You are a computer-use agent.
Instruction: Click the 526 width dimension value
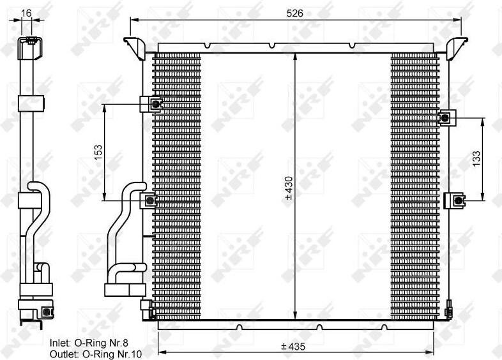point(294,13)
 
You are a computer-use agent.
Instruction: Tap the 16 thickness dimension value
point(26,13)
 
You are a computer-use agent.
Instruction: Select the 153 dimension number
point(98,153)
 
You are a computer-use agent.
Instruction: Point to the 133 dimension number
point(476,158)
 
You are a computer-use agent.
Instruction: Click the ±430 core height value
point(289,188)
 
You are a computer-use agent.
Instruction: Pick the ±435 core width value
point(293,346)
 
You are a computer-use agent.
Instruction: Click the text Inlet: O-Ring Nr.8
point(89,343)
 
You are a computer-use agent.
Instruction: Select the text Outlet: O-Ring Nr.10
point(96,354)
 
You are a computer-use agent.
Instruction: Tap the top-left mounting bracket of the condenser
point(135,48)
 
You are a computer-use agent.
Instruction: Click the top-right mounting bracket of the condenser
point(457,48)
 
